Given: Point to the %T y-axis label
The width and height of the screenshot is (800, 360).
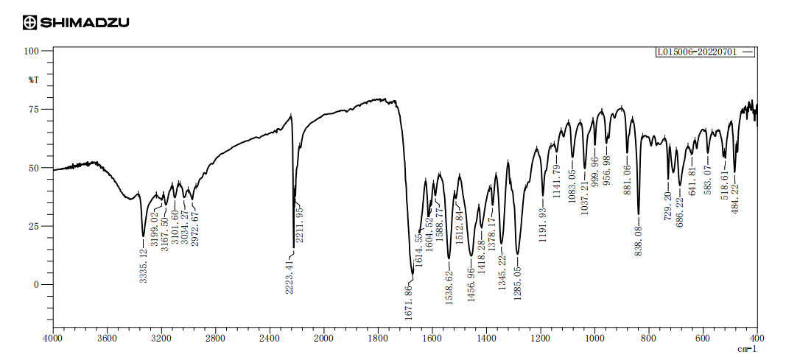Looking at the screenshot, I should coord(33,79).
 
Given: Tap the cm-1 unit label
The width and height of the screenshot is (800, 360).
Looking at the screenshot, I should coord(747,349).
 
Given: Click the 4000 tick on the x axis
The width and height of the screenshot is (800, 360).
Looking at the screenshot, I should coord(53,339).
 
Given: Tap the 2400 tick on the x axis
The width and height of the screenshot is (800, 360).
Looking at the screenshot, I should coord(270,339).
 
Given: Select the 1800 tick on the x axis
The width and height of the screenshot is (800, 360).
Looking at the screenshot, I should coord(378,339).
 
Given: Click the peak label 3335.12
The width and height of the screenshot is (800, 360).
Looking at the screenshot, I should coord(144,264).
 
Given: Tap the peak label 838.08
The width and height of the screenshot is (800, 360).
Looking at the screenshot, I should coord(639,238).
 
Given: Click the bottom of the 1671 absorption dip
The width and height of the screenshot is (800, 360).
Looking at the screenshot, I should coord(413,274).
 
